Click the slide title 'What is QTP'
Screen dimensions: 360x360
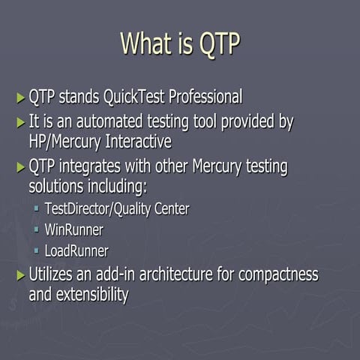point(180,43)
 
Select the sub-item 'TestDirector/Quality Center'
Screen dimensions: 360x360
point(116,209)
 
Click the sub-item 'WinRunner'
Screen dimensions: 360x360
point(73,230)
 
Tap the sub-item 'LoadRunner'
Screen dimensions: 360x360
point(76,251)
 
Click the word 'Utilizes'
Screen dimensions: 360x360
point(52,274)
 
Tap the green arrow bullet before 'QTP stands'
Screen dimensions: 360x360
point(20,97)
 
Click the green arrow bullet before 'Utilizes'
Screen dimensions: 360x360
point(20,275)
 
